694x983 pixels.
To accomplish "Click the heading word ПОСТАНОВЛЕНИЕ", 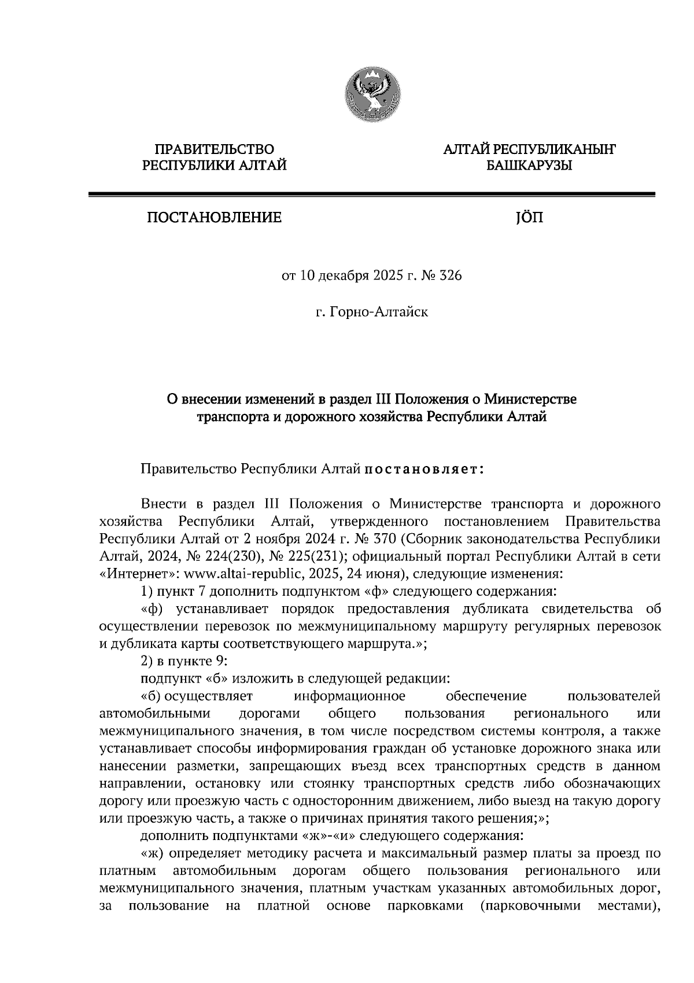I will tap(213, 218).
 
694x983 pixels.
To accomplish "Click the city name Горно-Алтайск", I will tap(379, 313).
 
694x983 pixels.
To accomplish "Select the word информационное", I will tap(350, 695).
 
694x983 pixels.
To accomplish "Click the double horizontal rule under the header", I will tap(371, 195).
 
